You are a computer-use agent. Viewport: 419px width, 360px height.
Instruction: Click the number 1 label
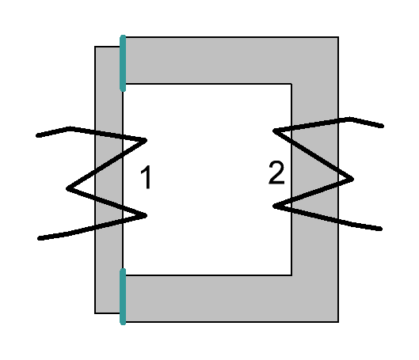146,177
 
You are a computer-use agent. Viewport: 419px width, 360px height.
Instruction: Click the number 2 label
276,173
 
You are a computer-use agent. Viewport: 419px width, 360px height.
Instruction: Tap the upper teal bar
123,63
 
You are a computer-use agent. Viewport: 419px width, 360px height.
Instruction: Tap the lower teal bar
123,297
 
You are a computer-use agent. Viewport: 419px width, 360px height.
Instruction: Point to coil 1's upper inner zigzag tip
146,140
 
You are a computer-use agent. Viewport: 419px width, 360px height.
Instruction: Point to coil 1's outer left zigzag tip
67,188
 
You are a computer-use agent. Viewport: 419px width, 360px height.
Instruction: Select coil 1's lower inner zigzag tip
146,215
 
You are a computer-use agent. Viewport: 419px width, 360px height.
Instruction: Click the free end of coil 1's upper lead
38,135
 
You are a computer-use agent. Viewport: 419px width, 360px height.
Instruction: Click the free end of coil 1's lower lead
40,238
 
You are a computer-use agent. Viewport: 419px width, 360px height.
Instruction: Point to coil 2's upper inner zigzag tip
274,131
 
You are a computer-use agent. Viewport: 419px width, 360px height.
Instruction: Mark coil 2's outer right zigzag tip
352,180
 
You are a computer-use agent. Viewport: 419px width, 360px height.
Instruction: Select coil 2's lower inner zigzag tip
274,206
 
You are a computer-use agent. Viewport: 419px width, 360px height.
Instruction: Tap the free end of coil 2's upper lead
383,126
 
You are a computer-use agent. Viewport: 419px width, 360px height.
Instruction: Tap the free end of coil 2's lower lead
380,229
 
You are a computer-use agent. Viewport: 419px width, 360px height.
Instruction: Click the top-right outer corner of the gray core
338,37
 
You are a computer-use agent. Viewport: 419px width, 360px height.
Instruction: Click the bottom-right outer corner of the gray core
338,322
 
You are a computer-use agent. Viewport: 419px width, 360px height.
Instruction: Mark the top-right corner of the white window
291,84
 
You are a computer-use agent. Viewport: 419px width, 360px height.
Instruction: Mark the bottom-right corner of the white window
291,275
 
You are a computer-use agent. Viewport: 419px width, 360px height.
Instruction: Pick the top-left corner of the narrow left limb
95,47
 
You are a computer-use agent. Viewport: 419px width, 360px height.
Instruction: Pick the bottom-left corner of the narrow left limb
95,313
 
